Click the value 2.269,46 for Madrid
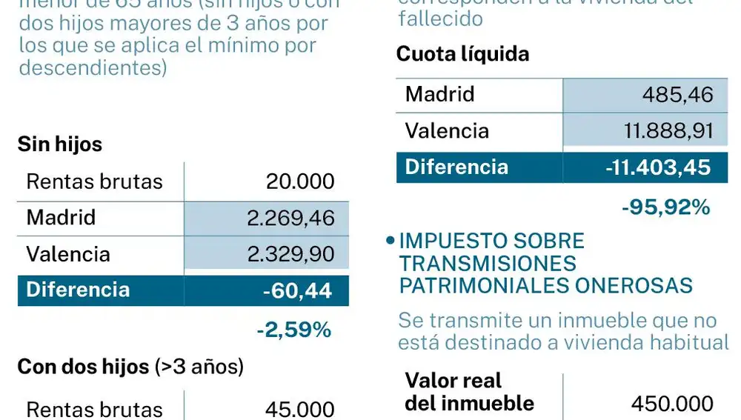pyautogui.click(x=291, y=219)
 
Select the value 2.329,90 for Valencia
pyautogui.click(x=291, y=254)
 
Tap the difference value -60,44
pyautogui.click(x=296, y=291)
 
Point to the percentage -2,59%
pyautogui.click(x=293, y=330)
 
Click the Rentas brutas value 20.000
pyautogui.click(x=300, y=181)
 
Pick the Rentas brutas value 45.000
pyautogui.click(x=300, y=409)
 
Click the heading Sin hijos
pyautogui.click(x=60, y=144)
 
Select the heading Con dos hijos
pyautogui.click(x=83, y=367)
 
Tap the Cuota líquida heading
pyautogui.click(x=462, y=54)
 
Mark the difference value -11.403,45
pyautogui.click(x=657, y=167)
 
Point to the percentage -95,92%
pyautogui.click(x=665, y=207)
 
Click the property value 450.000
pyautogui.click(x=672, y=404)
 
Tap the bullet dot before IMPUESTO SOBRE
pyautogui.click(x=390, y=241)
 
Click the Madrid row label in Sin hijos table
pyautogui.click(x=61, y=218)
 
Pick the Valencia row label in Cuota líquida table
pyautogui.click(x=447, y=131)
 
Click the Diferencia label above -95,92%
pyautogui.click(x=456, y=167)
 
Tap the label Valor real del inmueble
pyautogui.click(x=469, y=392)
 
